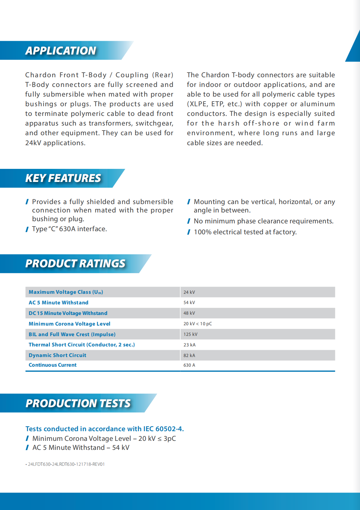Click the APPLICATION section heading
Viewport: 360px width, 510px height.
coord(61,50)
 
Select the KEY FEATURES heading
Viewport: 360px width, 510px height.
coord(63,178)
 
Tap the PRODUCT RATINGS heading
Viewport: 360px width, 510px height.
coord(75,264)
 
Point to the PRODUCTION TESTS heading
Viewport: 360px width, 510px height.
coord(78,403)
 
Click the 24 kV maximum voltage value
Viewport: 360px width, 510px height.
coord(189,292)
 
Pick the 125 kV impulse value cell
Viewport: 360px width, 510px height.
coord(190,334)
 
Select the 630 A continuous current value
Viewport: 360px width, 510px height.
coord(189,365)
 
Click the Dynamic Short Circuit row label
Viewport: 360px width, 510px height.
coord(57,355)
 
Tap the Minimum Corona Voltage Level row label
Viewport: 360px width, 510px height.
coord(70,324)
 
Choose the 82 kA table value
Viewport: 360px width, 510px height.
coord(189,355)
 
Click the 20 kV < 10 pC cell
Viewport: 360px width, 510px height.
coord(198,324)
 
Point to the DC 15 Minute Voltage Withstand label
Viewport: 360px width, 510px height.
coord(68,313)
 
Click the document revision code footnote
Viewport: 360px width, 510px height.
coord(66,464)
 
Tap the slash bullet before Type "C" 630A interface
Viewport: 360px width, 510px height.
coord(27,229)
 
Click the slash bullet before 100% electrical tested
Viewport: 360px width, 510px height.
coord(189,232)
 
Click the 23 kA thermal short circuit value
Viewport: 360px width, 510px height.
coord(190,345)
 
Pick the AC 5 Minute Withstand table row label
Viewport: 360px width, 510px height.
coord(59,303)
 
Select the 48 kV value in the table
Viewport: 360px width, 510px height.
coord(189,313)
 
